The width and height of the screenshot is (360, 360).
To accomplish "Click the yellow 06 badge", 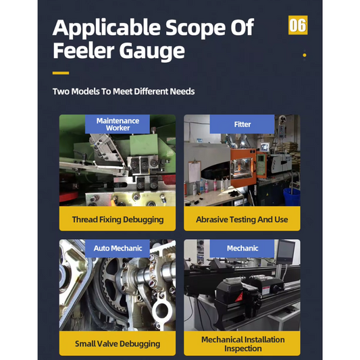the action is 298,25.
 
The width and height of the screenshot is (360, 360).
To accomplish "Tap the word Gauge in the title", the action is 152,51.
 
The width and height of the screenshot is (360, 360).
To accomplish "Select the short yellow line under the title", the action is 61,73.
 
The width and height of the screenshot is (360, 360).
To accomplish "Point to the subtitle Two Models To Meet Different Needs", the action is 124,91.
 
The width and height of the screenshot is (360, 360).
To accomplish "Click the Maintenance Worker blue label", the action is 118,124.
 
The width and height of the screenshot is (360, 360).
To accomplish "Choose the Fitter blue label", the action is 242,124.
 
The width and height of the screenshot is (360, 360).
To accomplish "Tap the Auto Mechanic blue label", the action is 118,249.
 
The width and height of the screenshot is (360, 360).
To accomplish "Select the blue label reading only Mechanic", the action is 242,249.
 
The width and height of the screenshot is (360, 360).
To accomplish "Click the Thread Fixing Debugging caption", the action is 118,220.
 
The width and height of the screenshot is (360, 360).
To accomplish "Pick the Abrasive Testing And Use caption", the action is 242,220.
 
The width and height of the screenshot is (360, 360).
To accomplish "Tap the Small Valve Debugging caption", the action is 118,344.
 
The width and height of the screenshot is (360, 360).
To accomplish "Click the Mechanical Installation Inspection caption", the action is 243,344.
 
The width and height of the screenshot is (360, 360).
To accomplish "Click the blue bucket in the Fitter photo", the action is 292,197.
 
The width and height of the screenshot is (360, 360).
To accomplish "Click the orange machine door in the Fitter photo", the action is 242,167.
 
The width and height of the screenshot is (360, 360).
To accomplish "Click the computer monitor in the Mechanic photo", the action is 286,252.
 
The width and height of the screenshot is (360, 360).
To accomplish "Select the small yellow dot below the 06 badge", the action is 305,55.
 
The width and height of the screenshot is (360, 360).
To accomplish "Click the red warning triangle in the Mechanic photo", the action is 239,297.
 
